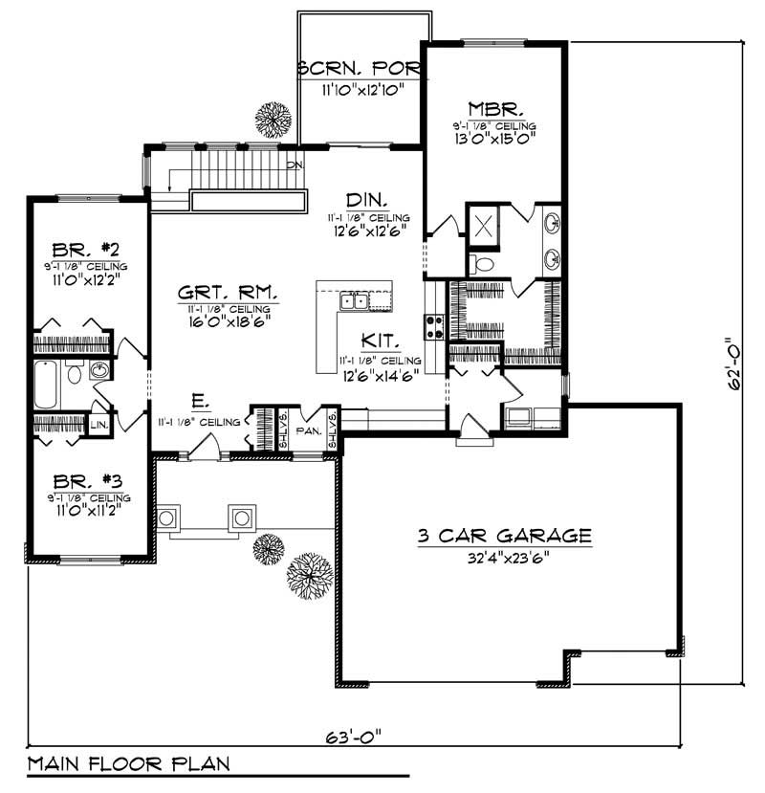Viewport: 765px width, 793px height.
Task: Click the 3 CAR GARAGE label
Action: tap(504, 537)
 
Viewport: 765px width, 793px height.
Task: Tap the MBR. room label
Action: tap(493, 107)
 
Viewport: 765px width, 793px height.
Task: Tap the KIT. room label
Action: tap(380, 341)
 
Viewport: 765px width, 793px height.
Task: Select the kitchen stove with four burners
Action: tap(433, 327)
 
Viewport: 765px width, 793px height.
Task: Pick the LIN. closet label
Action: tap(98, 423)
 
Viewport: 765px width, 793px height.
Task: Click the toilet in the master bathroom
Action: tap(482, 264)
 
